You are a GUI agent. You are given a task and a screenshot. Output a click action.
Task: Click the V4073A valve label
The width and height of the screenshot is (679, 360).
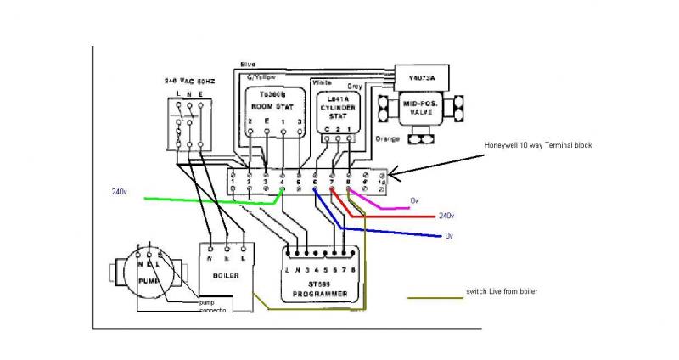click(421, 76)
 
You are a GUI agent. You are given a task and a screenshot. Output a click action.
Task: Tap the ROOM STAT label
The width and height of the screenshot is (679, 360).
click(268, 104)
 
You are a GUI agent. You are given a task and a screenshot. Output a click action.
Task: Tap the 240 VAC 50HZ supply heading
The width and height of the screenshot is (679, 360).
click(188, 80)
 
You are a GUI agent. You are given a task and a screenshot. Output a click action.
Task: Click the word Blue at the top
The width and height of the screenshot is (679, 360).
click(248, 65)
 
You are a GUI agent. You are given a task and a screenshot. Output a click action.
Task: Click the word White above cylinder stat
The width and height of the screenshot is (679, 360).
click(321, 82)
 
